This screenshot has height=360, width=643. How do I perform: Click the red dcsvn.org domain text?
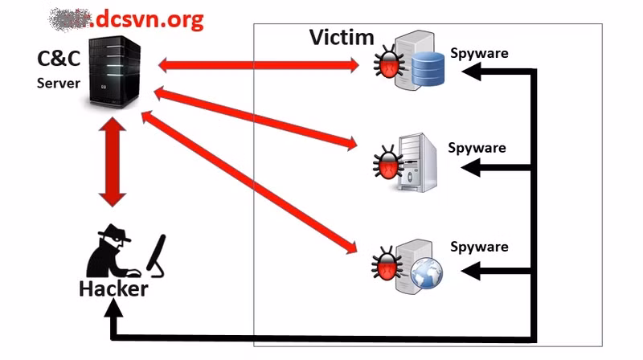tap(149, 19)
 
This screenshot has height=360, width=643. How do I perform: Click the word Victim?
tap(342, 37)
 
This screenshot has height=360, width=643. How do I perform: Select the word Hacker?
tap(113, 288)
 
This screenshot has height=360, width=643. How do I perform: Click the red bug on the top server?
tap(390, 65)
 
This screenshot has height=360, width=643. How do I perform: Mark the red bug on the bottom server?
tap(387, 264)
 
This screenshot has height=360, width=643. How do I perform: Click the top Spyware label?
tap(478, 53)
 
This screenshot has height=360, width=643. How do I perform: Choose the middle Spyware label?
tap(477, 148)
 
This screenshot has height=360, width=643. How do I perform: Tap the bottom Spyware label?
tap(479, 247)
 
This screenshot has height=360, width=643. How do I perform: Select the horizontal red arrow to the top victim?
tap(257, 64)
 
